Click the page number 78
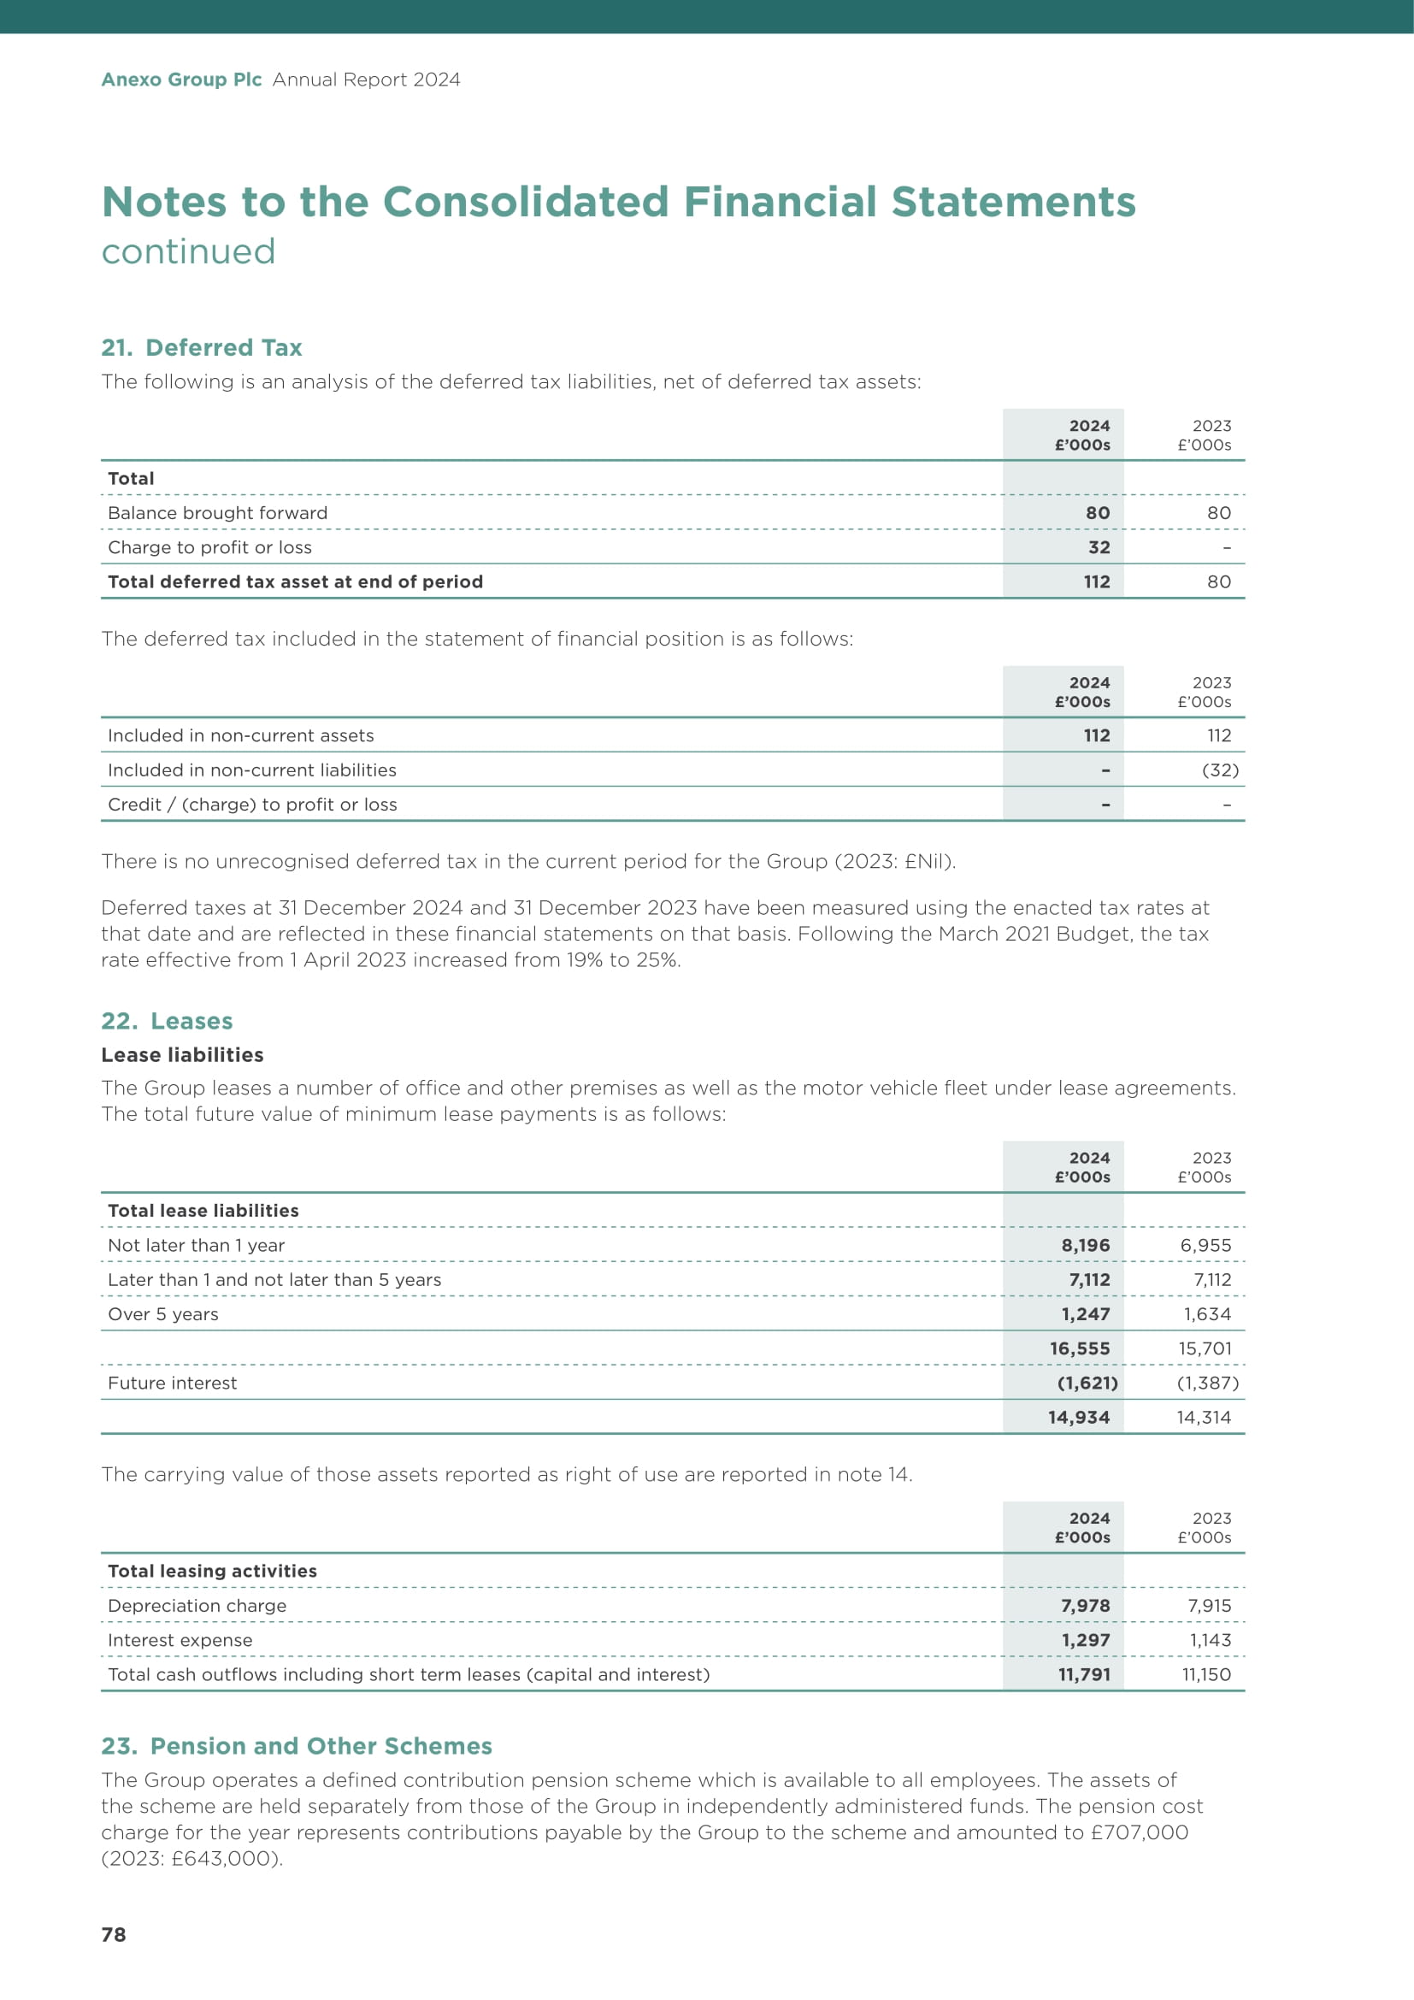pos(114,1935)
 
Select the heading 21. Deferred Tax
pos(201,347)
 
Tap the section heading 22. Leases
pos(167,1021)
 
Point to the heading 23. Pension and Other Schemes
pos(296,1747)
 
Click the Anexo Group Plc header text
pos(181,80)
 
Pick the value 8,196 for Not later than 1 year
pos(1085,1246)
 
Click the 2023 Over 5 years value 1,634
pos(1207,1314)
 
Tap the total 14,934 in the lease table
pos(1079,1417)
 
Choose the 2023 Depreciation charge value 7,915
pos(1210,1606)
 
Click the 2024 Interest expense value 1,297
pos(1085,1640)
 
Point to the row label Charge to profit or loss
pos(209,547)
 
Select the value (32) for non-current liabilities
pos(1220,770)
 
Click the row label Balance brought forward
pos(218,513)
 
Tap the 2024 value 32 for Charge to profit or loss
pos(1099,547)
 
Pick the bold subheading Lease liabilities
pos(182,1055)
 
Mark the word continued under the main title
pos(188,251)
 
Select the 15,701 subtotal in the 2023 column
pos(1205,1348)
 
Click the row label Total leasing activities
pos(213,1571)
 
